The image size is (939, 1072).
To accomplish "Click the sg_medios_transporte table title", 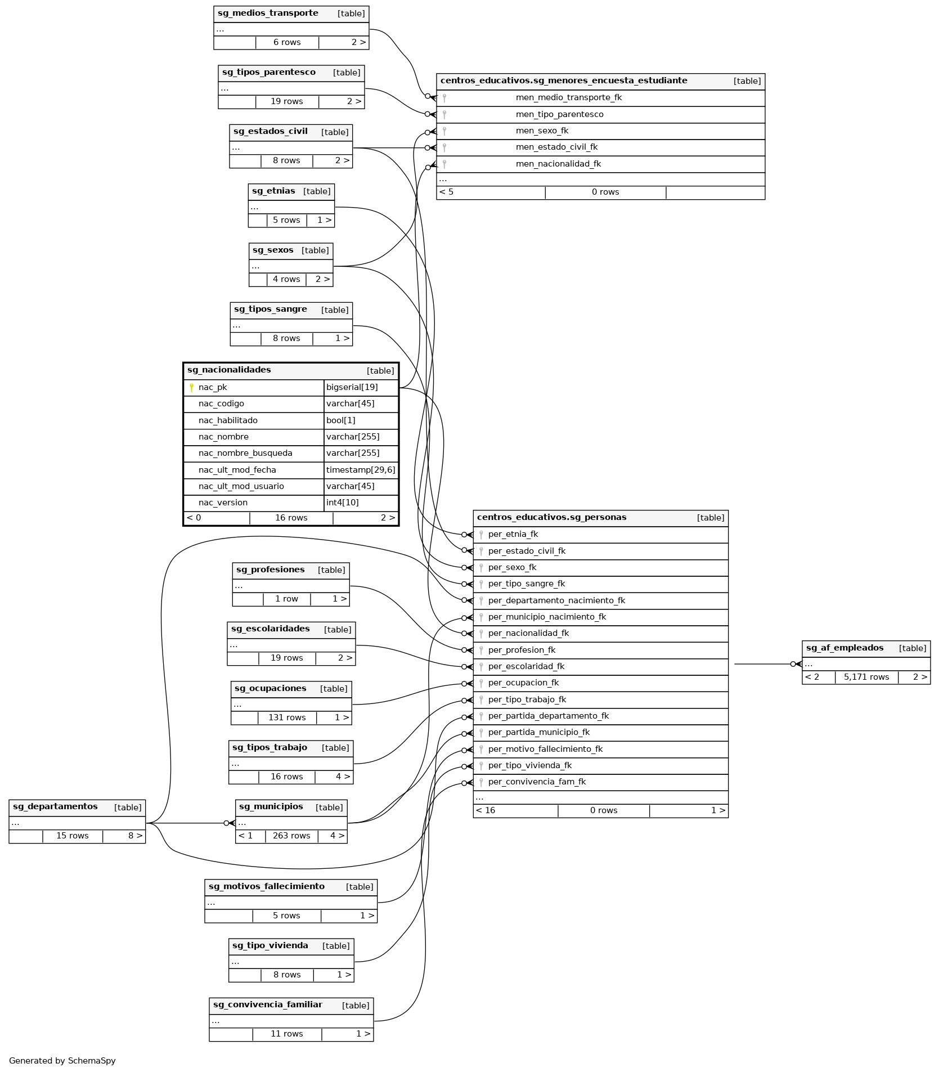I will pos(268,14).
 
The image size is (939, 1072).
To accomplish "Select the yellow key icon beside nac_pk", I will pos(191,387).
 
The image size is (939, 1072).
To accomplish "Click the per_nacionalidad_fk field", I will pos(528,633).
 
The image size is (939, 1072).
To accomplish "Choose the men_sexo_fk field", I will pos(542,131).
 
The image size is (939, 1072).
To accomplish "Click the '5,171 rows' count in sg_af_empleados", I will pos(866,677).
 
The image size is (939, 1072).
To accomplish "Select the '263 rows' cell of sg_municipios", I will pos(291,836).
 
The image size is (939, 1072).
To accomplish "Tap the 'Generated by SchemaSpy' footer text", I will pos(62,1061).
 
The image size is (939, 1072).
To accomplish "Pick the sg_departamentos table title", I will pos(55,806).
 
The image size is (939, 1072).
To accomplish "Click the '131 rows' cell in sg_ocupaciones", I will pos(287,717).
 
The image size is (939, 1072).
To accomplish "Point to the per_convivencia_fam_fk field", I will pos(537,782).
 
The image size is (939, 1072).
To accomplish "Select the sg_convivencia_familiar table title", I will pos(267,1004).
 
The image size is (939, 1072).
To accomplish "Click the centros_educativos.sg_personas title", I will pos(551,517).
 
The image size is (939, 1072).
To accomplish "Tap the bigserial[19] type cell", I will pos(352,387).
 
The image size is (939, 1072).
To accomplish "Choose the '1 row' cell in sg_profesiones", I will pos(286,599).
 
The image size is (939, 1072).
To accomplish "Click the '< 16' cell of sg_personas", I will pos(486,810).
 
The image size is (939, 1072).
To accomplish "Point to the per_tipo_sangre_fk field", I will pos(527,584).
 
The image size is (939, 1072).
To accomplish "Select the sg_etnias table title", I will pos(273,191).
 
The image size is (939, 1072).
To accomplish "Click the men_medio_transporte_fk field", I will pos(568,97).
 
